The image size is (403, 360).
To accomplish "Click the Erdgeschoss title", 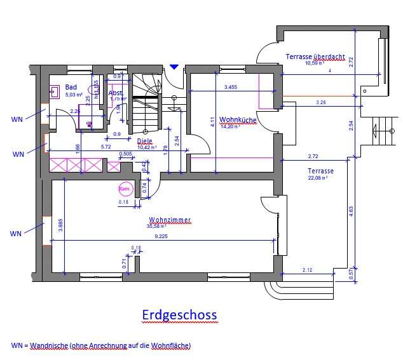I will pos(179,315).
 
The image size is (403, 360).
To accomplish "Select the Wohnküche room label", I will pos(237,119).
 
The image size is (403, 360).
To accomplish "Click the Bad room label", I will pos(71,87).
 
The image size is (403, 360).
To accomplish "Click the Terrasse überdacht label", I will pos(315,57).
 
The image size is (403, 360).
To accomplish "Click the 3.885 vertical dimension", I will pos(60,227).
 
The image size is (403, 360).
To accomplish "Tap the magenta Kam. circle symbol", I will pos(125,189).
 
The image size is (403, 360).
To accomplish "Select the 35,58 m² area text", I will pos(158,227).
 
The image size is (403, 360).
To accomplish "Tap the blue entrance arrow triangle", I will pos(174,66).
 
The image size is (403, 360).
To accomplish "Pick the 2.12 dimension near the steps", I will pos(308,269).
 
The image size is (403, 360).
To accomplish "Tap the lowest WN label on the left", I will pos(16,234).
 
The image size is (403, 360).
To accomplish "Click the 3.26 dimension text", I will pos(322,102).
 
